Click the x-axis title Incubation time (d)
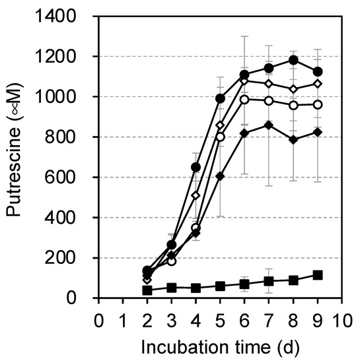pos(221,347)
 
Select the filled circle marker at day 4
pos(196,167)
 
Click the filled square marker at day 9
pos(318,275)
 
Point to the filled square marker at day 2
pos(147,290)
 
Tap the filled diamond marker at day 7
pos(269,125)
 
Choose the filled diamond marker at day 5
pos(220,176)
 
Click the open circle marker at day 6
pos(244,100)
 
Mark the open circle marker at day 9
pos(318,104)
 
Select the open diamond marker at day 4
pos(196,195)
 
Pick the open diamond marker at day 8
pos(293,89)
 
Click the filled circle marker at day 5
pos(220,98)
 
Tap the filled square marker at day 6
pos(244,284)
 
